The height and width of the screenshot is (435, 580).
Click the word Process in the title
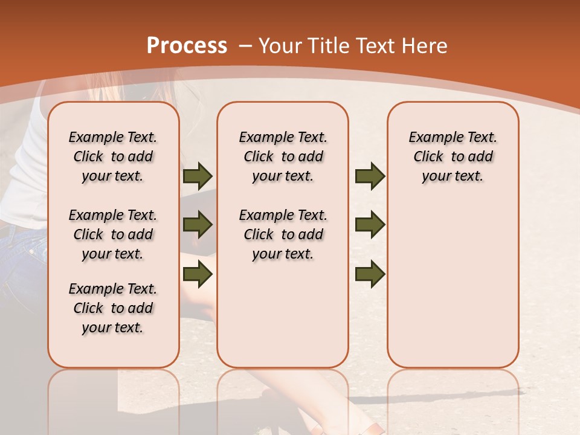point(187,46)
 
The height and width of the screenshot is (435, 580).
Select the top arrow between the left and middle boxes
point(198,176)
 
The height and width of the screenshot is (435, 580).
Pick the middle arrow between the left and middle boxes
point(198,225)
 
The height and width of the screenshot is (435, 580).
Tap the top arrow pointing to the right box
point(370,176)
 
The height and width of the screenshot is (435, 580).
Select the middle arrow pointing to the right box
point(370,225)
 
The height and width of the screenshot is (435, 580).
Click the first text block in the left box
point(113,156)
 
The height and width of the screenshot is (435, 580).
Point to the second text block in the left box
point(113,234)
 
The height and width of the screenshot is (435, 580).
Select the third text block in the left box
point(113,308)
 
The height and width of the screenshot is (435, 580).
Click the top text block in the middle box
point(283,156)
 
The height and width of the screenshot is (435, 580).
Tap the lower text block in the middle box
point(283,234)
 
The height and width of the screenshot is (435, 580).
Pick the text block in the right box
point(453,156)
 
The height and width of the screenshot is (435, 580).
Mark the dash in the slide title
point(245,47)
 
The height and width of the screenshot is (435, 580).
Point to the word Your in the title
point(280,46)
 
